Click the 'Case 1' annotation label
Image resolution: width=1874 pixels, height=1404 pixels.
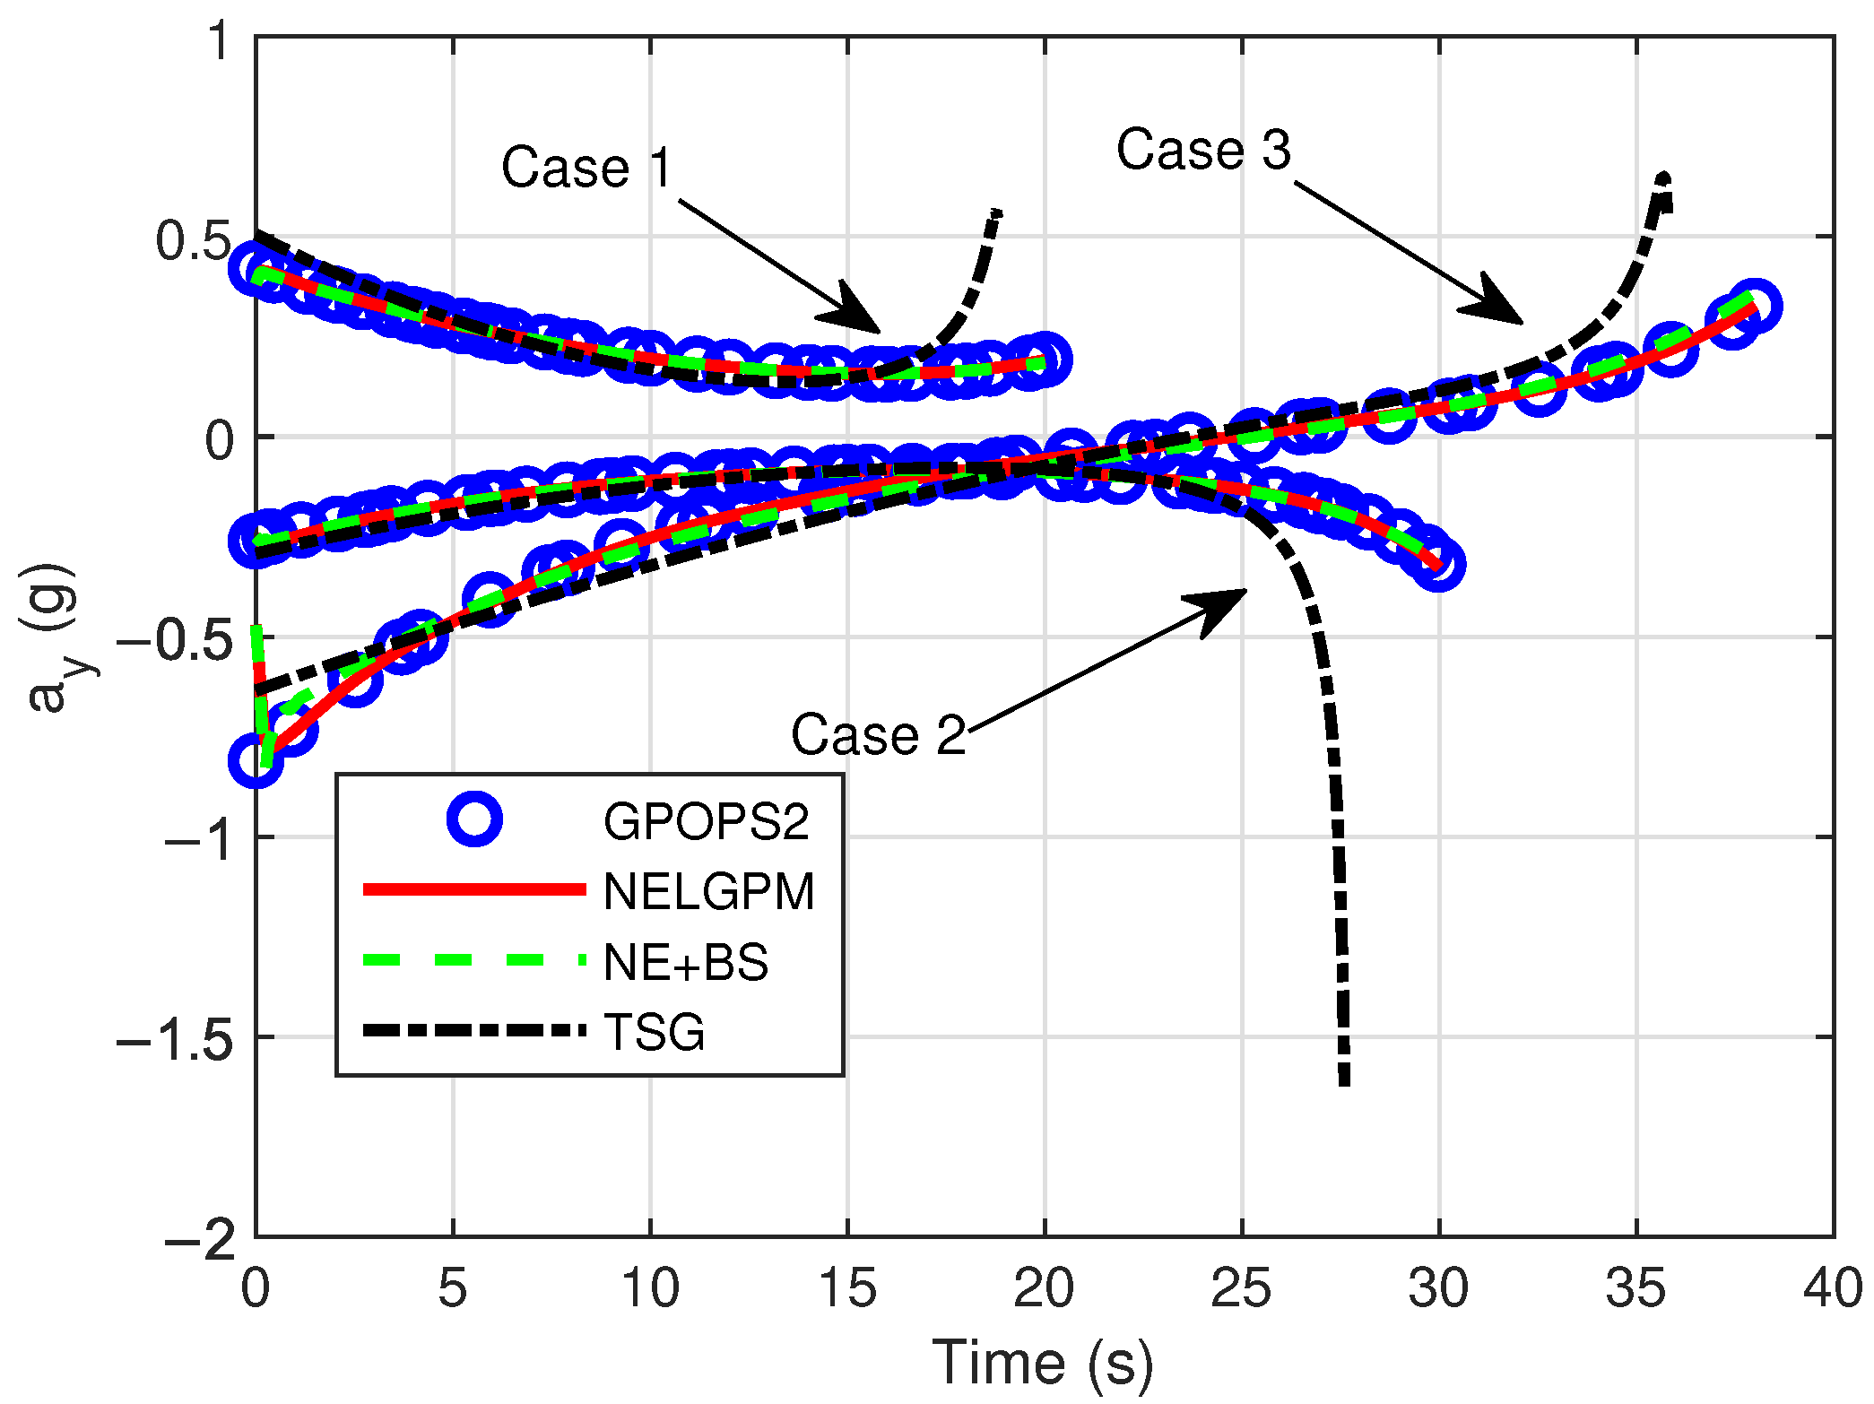(x=586, y=168)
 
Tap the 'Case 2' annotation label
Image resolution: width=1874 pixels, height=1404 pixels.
(x=878, y=735)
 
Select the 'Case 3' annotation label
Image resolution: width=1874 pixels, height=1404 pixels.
(x=1203, y=149)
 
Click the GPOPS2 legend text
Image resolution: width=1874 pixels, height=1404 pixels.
(x=706, y=821)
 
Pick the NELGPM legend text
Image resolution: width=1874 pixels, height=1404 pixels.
(x=708, y=891)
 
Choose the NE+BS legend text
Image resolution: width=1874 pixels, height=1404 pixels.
(x=686, y=962)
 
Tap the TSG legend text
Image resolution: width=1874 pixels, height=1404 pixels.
(x=655, y=1032)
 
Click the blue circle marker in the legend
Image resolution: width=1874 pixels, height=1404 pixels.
(x=473, y=819)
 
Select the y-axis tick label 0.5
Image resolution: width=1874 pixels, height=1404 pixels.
(x=194, y=240)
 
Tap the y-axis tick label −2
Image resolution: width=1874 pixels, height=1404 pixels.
(x=200, y=1239)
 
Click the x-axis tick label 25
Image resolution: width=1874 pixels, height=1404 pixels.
(x=1241, y=1289)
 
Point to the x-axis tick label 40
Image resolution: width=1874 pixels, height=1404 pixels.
(x=1833, y=1289)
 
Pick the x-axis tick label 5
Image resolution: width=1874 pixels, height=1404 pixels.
(x=452, y=1289)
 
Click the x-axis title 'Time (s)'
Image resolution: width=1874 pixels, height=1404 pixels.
(x=1043, y=1363)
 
